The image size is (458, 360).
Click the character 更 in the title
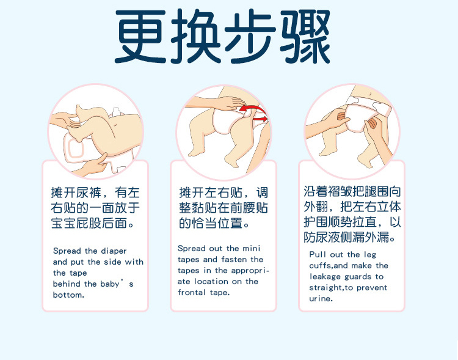(x=140, y=36)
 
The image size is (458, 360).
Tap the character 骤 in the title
(x=305, y=36)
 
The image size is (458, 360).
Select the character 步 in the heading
(x=250, y=36)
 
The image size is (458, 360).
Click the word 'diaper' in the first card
(x=114, y=251)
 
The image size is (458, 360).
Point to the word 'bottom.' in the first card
(x=68, y=295)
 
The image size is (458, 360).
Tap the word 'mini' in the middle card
(x=252, y=248)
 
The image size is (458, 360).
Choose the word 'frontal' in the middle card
(x=191, y=292)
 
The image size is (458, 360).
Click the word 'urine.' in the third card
(x=321, y=299)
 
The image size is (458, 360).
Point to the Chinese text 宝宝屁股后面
(x=89, y=224)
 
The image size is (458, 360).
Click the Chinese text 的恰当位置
(x=211, y=224)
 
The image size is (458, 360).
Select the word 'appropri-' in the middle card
(x=250, y=271)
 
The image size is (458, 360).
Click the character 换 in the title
(x=195, y=36)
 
